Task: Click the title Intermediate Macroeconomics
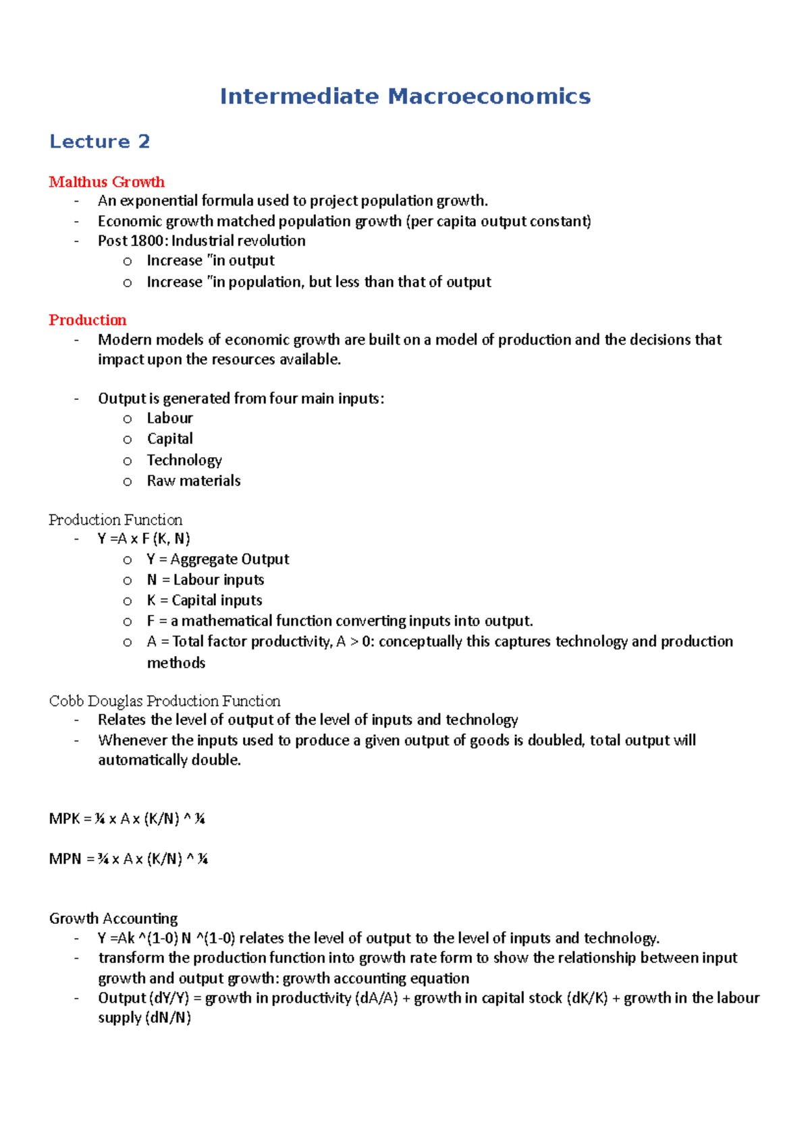tap(405, 96)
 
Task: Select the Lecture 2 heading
tap(99, 142)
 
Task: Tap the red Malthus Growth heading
tap(107, 182)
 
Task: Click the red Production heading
tap(88, 320)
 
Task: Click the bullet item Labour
tap(170, 419)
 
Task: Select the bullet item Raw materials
tap(194, 481)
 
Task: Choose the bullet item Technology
tap(184, 461)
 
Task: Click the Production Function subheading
tap(115, 520)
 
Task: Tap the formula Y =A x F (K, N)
tap(144, 539)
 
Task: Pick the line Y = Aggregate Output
tap(218, 560)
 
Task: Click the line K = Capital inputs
tap(205, 601)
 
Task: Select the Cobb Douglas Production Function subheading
tap(165, 701)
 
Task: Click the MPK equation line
tap(127, 819)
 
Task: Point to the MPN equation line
tap(128, 859)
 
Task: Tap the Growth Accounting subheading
tap(113, 918)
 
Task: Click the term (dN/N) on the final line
tap(168, 1018)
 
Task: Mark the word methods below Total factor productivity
tap(176, 664)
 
